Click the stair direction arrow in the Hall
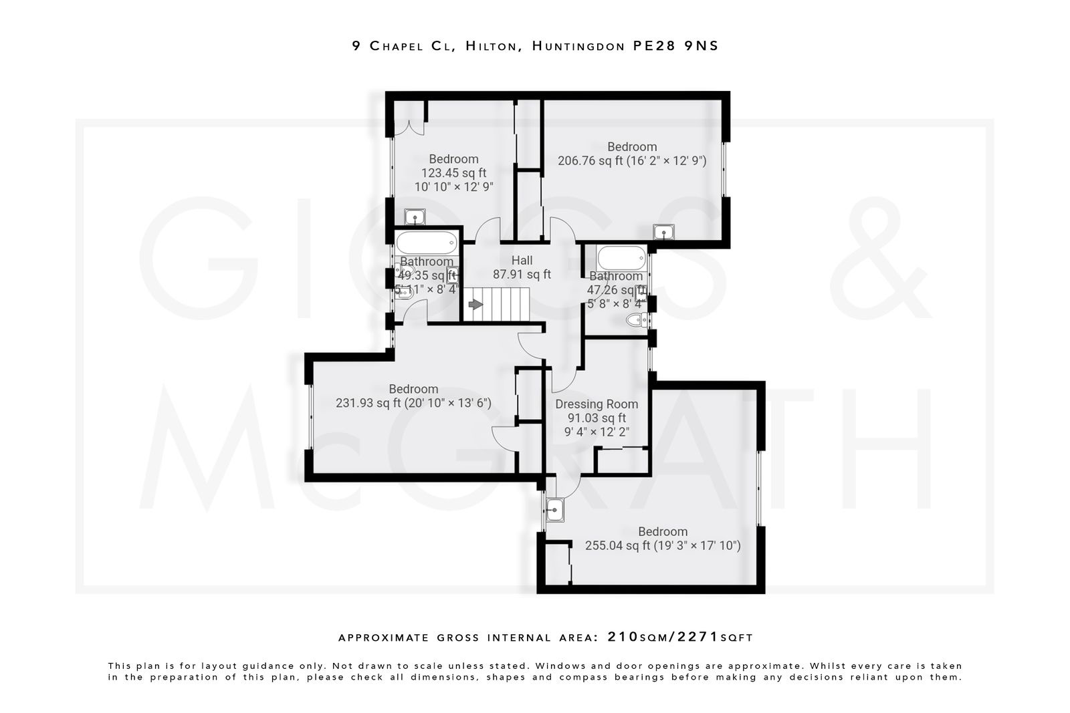[x=475, y=305]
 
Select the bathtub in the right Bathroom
[x=622, y=257]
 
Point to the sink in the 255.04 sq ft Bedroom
[x=554, y=511]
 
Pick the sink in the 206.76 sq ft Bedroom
[x=663, y=232]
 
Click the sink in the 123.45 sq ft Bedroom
[x=415, y=217]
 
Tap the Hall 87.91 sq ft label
[x=522, y=267]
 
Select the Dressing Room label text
[x=597, y=404]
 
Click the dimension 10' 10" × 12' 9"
[x=454, y=186]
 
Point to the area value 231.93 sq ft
[x=368, y=403]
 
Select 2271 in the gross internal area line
[x=698, y=636]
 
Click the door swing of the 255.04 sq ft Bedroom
[x=565, y=486]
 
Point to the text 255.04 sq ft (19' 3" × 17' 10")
[x=663, y=545]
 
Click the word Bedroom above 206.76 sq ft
[x=632, y=146]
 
